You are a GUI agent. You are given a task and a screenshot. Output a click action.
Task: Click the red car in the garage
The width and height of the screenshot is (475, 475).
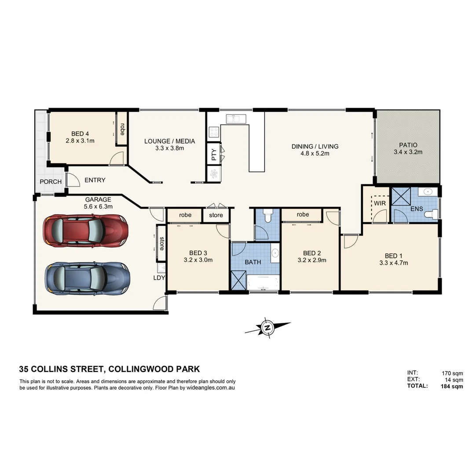click(x=86, y=230)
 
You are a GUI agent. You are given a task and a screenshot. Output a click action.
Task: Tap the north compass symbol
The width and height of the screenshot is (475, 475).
click(x=267, y=328)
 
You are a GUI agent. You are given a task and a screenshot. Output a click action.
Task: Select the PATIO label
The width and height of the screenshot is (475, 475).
click(x=408, y=145)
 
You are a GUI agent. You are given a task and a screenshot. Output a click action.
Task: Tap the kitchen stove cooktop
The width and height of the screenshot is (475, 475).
click(x=213, y=132)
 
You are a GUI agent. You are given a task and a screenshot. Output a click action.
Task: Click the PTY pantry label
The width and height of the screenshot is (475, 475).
click(x=214, y=154)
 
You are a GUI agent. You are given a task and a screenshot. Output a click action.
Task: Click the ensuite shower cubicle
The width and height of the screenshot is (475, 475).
click(x=400, y=196)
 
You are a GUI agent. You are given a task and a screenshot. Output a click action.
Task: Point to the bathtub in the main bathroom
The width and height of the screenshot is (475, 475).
click(x=263, y=282)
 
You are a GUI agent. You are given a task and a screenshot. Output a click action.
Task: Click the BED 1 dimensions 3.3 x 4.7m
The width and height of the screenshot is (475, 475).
click(x=394, y=263)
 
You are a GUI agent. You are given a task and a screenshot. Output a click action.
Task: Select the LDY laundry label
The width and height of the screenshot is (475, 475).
click(x=159, y=278)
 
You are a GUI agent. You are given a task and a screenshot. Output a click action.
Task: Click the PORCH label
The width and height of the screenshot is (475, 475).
click(x=51, y=182)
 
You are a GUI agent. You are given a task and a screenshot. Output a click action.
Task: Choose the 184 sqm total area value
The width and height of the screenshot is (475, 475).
click(x=452, y=387)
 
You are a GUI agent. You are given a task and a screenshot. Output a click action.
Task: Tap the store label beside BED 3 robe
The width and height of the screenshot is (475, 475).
click(x=216, y=215)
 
